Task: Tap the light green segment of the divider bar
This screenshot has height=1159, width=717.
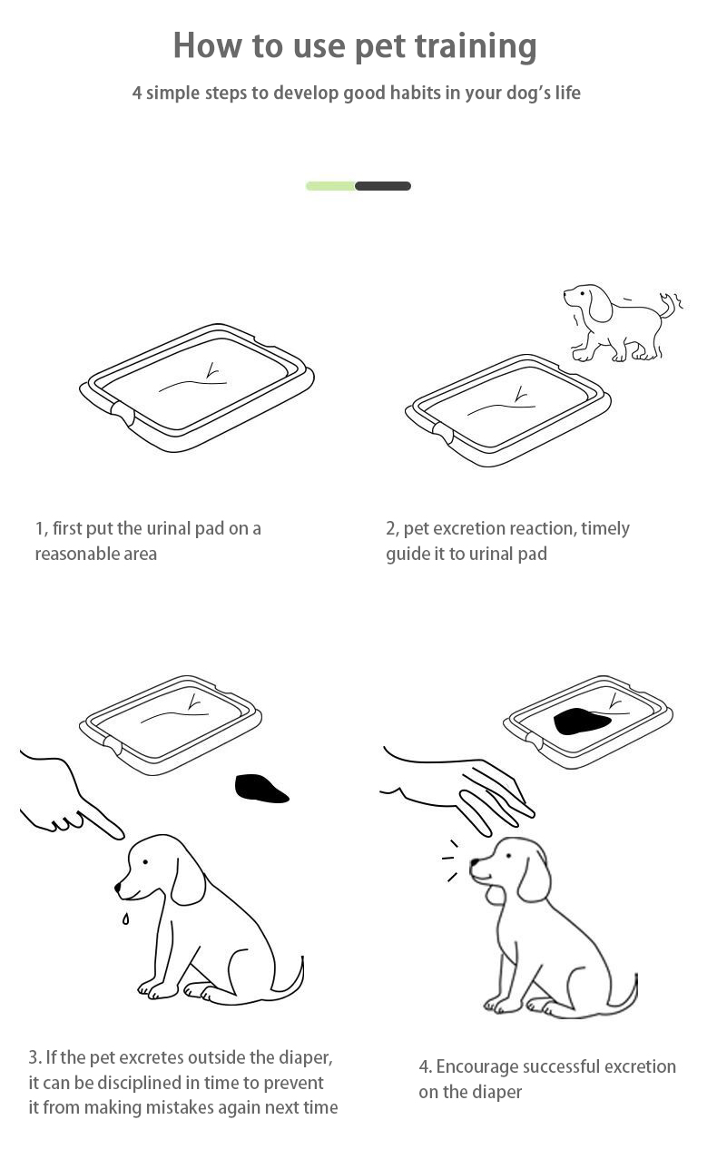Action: click(330, 186)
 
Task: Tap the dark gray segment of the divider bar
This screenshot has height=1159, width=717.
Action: click(383, 186)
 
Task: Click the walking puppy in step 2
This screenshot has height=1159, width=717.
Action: click(623, 322)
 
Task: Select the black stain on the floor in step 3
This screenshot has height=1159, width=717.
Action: click(261, 789)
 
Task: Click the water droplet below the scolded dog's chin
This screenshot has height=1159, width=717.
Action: click(125, 918)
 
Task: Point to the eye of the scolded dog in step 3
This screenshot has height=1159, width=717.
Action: click(145, 862)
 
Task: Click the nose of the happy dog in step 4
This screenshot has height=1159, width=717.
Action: click(474, 863)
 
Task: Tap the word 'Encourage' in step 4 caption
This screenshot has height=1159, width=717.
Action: click(476, 1067)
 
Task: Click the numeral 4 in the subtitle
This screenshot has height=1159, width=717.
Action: click(136, 93)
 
